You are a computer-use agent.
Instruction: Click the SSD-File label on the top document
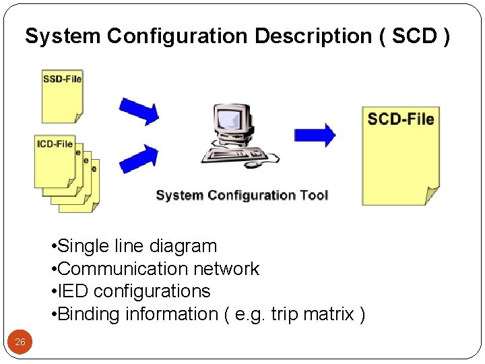tap(62, 79)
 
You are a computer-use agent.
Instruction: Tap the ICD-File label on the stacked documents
tap(55, 144)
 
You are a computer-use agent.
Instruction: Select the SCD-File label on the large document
tap(401, 119)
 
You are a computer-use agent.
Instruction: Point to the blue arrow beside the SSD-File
tap(139, 110)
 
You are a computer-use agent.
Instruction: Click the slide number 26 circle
tap(20, 342)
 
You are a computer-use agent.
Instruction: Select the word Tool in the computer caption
tap(313, 195)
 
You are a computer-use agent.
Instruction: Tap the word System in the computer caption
tap(179, 195)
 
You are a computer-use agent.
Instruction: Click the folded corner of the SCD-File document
tap(432, 197)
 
